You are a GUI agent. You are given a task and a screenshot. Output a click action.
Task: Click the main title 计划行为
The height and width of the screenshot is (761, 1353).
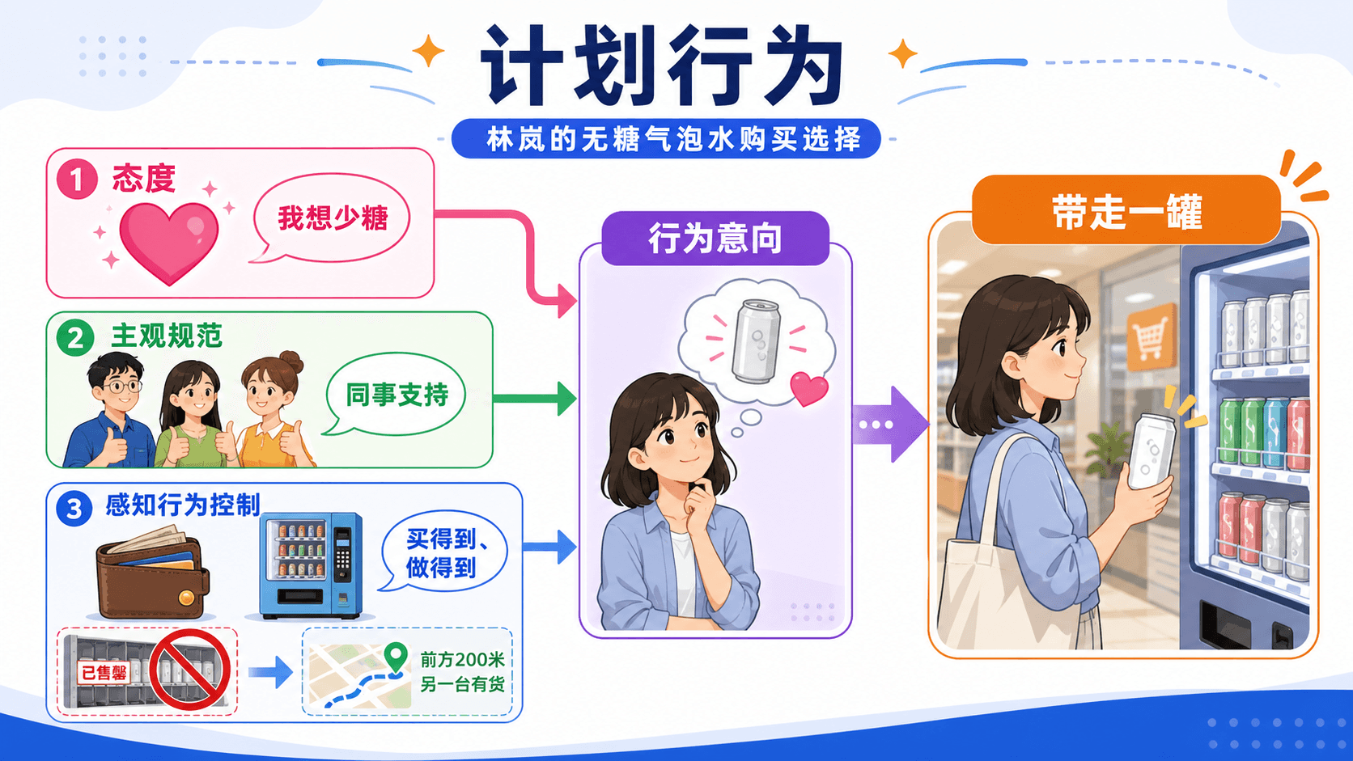pyautogui.click(x=662, y=66)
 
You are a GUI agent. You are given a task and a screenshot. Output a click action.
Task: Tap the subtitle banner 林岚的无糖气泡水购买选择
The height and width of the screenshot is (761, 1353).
pyautogui.click(x=666, y=139)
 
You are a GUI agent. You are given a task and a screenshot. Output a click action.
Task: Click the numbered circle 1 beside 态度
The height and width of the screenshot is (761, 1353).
pyautogui.click(x=77, y=180)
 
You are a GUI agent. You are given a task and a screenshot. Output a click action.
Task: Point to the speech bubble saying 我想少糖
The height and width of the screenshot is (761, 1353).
pyautogui.click(x=331, y=218)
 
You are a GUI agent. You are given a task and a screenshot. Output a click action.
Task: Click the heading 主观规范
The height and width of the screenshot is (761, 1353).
pyautogui.click(x=167, y=336)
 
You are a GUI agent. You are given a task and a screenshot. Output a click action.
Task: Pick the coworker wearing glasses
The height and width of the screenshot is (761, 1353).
pyautogui.click(x=110, y=410)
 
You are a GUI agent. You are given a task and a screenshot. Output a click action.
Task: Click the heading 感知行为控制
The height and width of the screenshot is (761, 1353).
pyautogui.click(x=182, y=505)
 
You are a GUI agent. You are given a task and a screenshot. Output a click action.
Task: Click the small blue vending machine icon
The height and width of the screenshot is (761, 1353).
pyautogui.click(x=311, y=565)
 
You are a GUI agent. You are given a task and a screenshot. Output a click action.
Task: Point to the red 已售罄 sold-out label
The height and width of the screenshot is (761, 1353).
pyautogui.click(x=104, y=672)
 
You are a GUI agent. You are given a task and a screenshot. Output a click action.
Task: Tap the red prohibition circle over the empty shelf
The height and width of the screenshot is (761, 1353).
pyautogui.click(x=189, y=670)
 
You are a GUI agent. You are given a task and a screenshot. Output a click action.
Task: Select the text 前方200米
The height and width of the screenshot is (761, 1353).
pyautogui.click(x=462, y=660)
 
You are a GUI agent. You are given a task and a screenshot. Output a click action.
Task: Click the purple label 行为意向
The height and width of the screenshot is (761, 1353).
pyautogui.click(x=715, y=239)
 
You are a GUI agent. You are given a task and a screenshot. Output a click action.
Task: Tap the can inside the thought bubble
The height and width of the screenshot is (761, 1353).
pyautogui.click(x=755, y=341)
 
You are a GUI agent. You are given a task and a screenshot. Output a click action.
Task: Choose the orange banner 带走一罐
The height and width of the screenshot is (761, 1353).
pyautogui.click(x=1126, y=210)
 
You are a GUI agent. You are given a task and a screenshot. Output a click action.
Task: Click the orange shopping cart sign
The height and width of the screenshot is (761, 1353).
pyautogui.click(x=1152, y=336)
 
